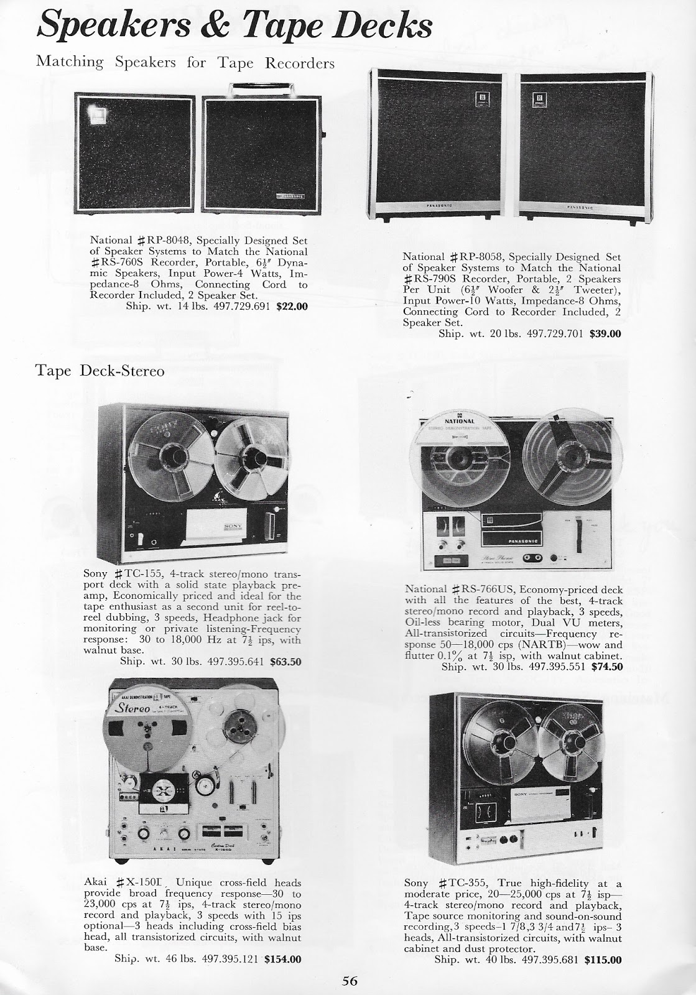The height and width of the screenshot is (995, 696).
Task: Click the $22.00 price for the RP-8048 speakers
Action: (291, 306)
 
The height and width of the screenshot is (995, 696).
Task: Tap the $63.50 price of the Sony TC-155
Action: (285, 662)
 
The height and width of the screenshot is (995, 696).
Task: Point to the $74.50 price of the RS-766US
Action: (606, 666)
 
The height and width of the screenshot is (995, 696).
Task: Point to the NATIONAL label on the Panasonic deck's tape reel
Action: (461, 421)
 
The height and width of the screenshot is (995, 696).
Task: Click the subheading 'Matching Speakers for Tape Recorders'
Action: (185, 62)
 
